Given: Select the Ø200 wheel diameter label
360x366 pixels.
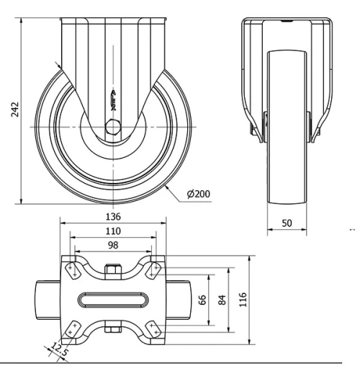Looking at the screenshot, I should tap(199, 194).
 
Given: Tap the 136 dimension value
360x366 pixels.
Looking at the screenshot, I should tap(112, 216).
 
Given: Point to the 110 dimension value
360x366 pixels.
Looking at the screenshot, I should tap(112, 231).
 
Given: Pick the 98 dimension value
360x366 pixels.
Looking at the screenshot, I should tap(112, 246).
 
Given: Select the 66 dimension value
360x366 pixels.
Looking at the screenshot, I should tap(204, 299).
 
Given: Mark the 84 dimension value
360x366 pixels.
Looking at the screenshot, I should tap(222, 299).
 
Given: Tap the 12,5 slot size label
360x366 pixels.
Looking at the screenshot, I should tap(59, 351).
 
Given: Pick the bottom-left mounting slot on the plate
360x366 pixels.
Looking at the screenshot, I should tap(72, 329).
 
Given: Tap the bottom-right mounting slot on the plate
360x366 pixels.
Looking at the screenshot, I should tap(153, 329).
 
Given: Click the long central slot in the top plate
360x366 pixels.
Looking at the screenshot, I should tap(112, 299).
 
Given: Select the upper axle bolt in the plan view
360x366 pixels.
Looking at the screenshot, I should tap(112, 271).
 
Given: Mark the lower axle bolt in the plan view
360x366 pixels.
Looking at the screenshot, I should tap(112, 330).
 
